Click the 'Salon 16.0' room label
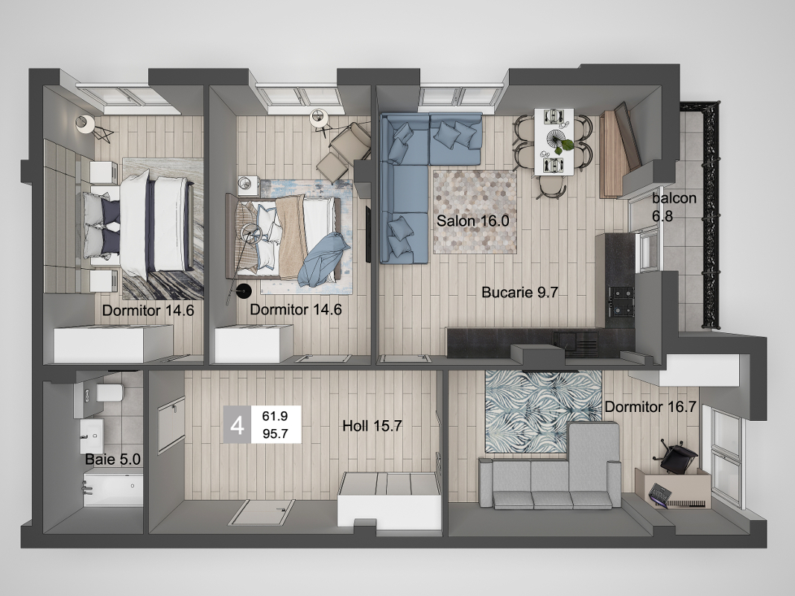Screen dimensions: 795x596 click(x=472, y=221)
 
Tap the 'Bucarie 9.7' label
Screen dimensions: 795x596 click(x=519, y=293)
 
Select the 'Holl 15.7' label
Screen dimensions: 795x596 click(x=372, y=425)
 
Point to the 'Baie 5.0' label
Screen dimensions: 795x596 click(x=113, y=459)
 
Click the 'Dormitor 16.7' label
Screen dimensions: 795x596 click(x=650, y=407)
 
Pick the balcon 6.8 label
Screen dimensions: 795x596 click(x=674, y=207)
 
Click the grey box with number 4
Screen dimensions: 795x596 click(x=237, y=425)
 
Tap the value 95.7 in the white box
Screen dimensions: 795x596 click(x=276, y=434)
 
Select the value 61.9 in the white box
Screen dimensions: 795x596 click(x=276, y=416)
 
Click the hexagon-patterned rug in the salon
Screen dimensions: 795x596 click(x=475, y=212)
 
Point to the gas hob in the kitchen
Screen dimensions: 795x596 click(x=621, y=302)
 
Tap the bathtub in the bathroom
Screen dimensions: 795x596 click(x=113, y=487)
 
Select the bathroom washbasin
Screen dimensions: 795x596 click(x=91, y=436)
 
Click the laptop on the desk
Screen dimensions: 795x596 click(x=661, y=495)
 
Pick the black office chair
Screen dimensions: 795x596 click(x=676, y=456)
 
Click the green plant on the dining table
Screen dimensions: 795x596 click(x=566, y=145)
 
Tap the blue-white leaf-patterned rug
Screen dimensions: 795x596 click(x=543, y=410)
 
